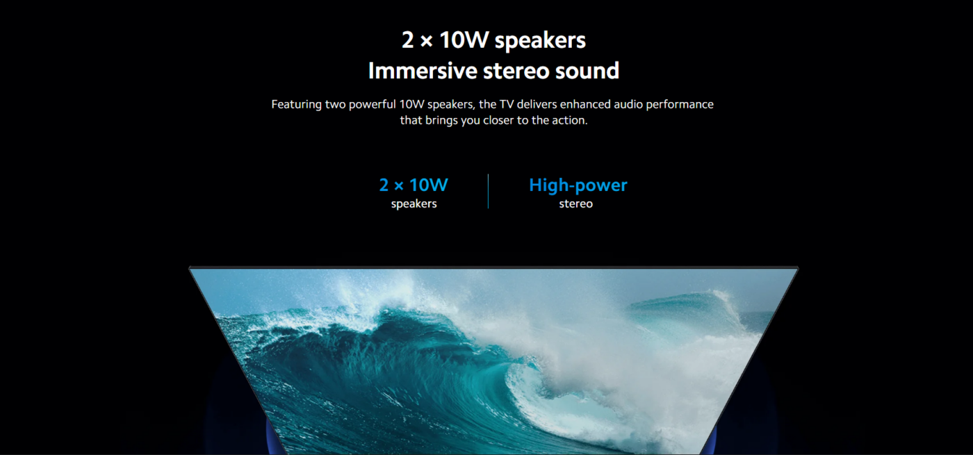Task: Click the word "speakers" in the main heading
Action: pos(540,41)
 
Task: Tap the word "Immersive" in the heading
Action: pos(423,71)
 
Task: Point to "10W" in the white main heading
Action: pos(464,40)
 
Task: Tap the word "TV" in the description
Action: pos(507,104)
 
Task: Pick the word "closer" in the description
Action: pos(498,120)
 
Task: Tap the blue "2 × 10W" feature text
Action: pos(414,185)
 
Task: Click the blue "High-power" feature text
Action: pos(578,185)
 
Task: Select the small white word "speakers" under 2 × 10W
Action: pos(414,204)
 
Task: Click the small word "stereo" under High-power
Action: pos(575,204)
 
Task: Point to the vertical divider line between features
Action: pos(488,191)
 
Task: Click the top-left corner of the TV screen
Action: pos(190,269)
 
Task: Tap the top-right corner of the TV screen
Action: pos(798,269)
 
